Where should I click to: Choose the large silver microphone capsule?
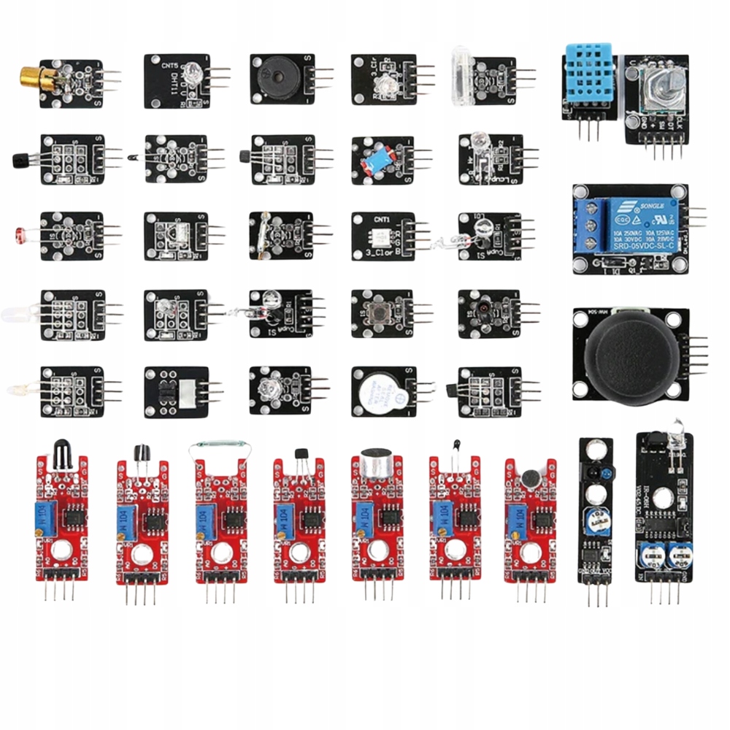377,461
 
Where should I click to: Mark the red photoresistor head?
19,234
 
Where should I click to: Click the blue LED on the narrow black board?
596,472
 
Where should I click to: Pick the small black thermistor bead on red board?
456,442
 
